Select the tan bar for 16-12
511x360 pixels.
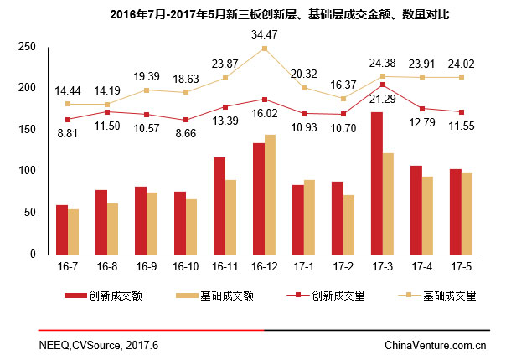click(x=270, y=194)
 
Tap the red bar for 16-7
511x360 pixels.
click(x=62, y=229)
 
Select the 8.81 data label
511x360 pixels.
click(x=68, y=131)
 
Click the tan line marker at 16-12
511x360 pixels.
click(x=265, y=49)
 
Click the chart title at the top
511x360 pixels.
click(x=279, y=14)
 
